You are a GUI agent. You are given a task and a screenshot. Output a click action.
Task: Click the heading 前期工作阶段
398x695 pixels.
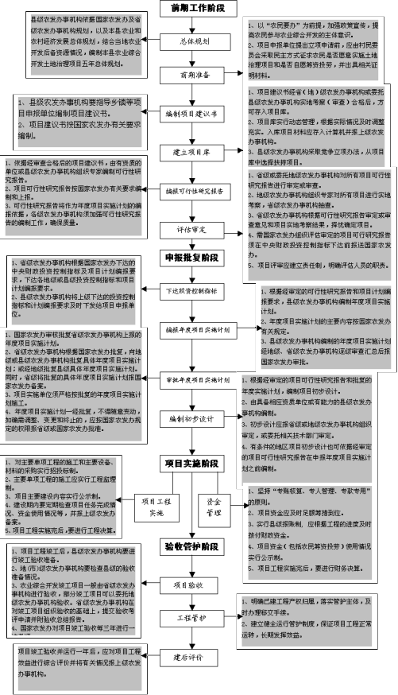(x=199, y=8)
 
